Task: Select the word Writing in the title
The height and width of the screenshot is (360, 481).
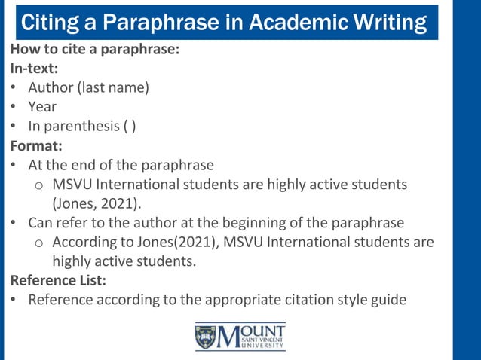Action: click(388, 23)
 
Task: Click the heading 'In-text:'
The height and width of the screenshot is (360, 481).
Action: click(34, 68)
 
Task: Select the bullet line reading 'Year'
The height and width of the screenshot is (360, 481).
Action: click(42, 107)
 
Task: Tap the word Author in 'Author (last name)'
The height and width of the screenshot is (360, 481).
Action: click(51, 87)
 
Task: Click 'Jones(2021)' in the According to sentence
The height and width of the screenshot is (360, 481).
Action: click(176, 243)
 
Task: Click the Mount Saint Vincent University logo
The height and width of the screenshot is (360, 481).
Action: click(240, 337)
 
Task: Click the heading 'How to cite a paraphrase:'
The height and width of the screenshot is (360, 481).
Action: click(94, 49)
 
